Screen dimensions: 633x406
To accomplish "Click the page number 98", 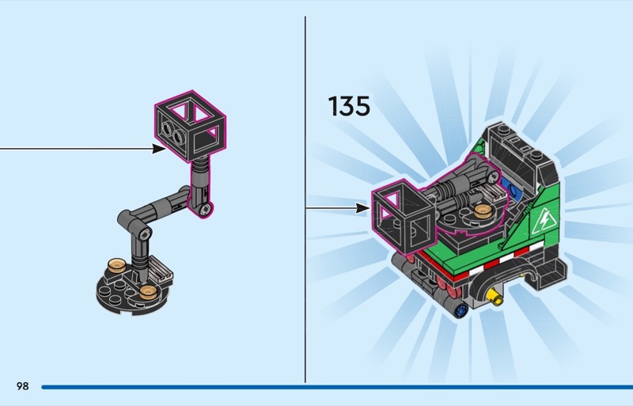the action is (x=23, y=386).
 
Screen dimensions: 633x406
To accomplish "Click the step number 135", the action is (x=349, y=106).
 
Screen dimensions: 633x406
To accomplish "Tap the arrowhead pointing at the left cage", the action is (x=159, y=149).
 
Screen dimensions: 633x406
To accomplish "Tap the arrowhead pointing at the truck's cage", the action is (x=363, y=208).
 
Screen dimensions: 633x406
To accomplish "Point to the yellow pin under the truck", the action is (x=495, y=298).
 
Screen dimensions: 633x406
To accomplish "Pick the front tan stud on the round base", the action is (x=148, y=292).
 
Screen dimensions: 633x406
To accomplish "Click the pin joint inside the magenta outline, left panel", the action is (x=206, y=208).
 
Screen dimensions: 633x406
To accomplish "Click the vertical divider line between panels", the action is (x=305, y=199).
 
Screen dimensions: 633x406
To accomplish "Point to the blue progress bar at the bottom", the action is (x=337, y=387).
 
